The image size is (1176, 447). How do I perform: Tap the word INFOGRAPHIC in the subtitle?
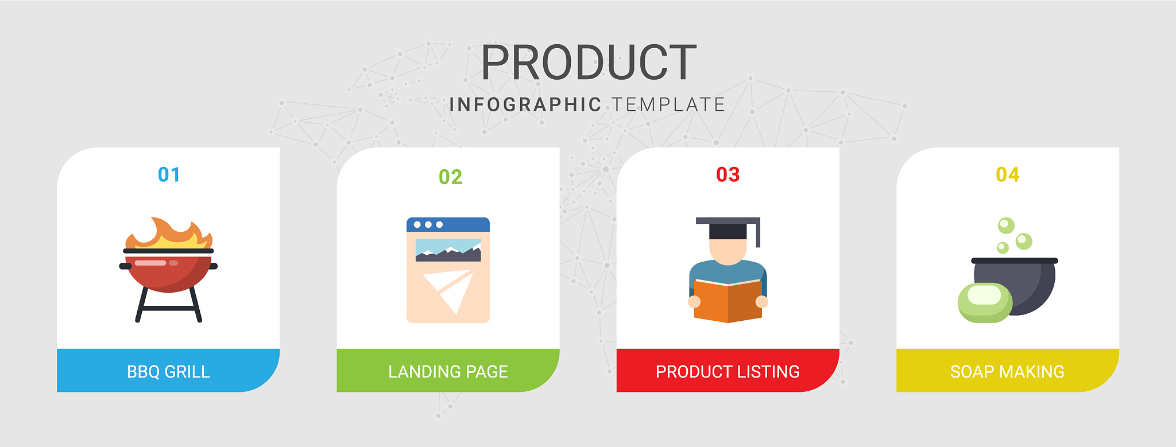525,105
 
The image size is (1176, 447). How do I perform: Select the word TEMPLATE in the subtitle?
668,105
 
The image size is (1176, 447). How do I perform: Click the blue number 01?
169,174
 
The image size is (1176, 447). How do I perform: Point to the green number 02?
450,177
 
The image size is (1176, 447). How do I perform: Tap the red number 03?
728,174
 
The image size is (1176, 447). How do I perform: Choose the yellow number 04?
1008,174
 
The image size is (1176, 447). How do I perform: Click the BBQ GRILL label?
168,372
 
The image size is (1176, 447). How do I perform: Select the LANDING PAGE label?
448,372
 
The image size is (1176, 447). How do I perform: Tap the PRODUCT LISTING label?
728,372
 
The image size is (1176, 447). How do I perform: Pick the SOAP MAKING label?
1007,372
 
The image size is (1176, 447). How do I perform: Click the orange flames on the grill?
169,233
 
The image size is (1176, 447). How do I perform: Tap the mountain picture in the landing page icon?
448,250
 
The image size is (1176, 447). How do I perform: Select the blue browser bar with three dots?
448,224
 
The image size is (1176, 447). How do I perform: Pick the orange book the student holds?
728,301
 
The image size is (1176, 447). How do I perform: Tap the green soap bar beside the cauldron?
985,302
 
